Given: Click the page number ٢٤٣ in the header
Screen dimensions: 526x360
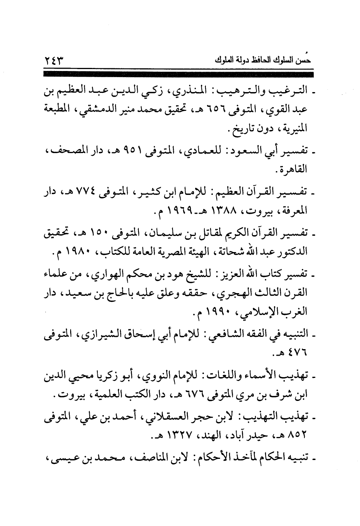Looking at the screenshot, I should tap(54, 60).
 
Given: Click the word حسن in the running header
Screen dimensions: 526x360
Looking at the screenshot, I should tap(304, 61).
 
